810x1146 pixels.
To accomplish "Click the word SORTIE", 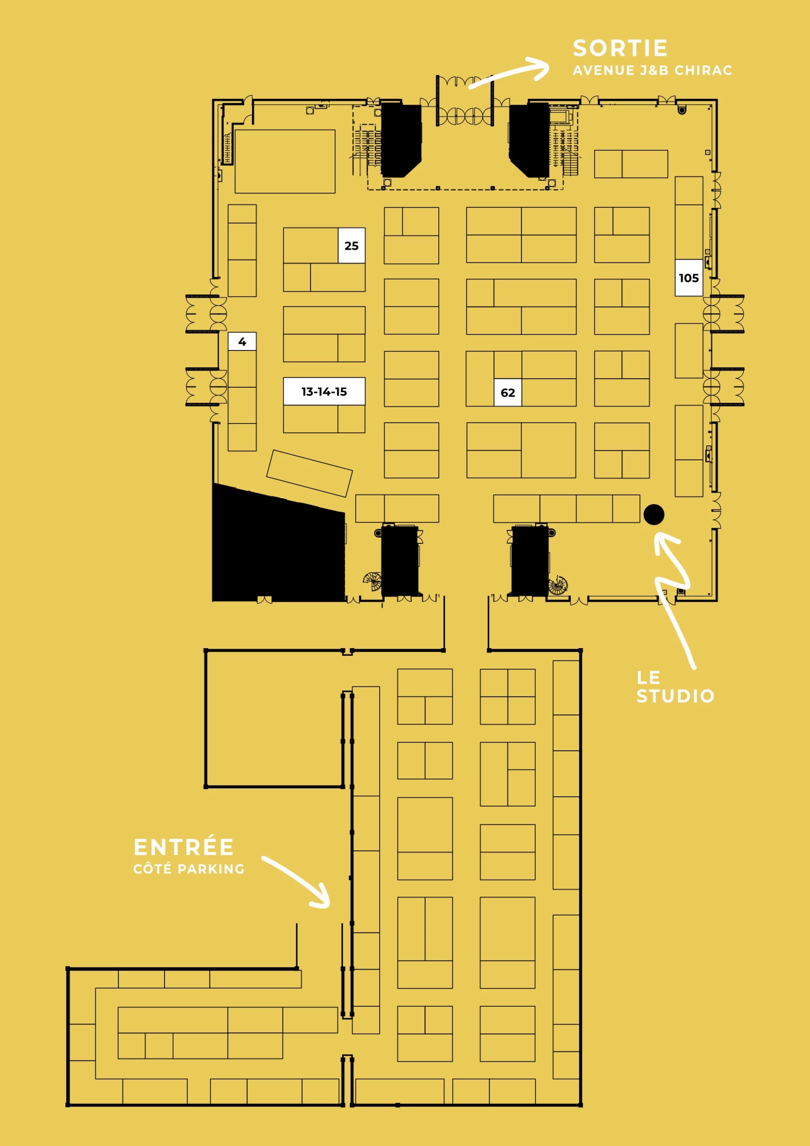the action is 620,48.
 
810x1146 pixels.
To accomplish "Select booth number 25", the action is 352,246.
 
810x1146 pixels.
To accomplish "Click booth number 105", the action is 689,278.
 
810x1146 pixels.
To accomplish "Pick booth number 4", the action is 242,342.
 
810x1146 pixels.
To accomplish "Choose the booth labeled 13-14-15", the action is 324,391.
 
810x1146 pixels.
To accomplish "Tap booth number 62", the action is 508,393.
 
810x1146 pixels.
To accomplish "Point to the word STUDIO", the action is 675,696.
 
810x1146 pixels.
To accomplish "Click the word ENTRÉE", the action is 183,847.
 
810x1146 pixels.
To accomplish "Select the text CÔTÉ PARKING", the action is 189,869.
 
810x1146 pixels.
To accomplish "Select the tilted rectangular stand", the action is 309,474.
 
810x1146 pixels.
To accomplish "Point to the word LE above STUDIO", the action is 649,678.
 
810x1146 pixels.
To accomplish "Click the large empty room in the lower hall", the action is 274,719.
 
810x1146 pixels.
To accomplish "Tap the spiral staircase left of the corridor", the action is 372,581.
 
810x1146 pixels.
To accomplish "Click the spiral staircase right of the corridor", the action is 558,585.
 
